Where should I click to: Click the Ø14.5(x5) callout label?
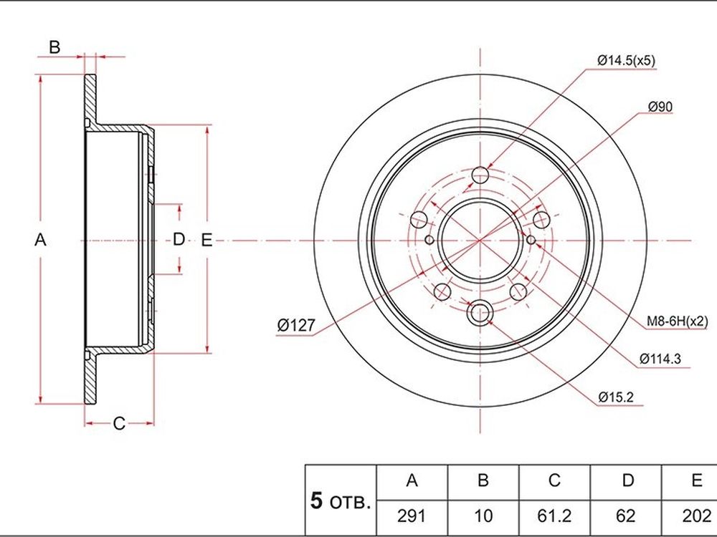[x=627, y=60]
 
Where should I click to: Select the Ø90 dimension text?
[x=660, y=107]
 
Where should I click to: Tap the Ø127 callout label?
[x=296, y=325]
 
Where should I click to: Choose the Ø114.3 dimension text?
[x=660, y=359]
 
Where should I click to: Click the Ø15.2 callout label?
[x=616, y=397]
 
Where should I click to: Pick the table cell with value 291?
[x=412, y=516]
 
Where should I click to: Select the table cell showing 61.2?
[x=554, y=516]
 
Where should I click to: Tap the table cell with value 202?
[x=696, y=516]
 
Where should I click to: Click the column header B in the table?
[x=483, y=481]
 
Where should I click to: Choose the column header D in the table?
[x=628, y=481]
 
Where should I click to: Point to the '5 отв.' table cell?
[x=340, y=501]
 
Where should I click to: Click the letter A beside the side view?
[x=40, y=240]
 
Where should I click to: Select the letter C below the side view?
[x=119, y=424]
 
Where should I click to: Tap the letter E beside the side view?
[x=206, y=240]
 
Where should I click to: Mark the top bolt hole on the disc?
[x=480, y=175]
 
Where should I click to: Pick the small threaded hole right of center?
[x=531, y=240]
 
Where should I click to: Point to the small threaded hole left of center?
[x=429, y=240]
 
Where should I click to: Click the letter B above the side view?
[x=54, y=47]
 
